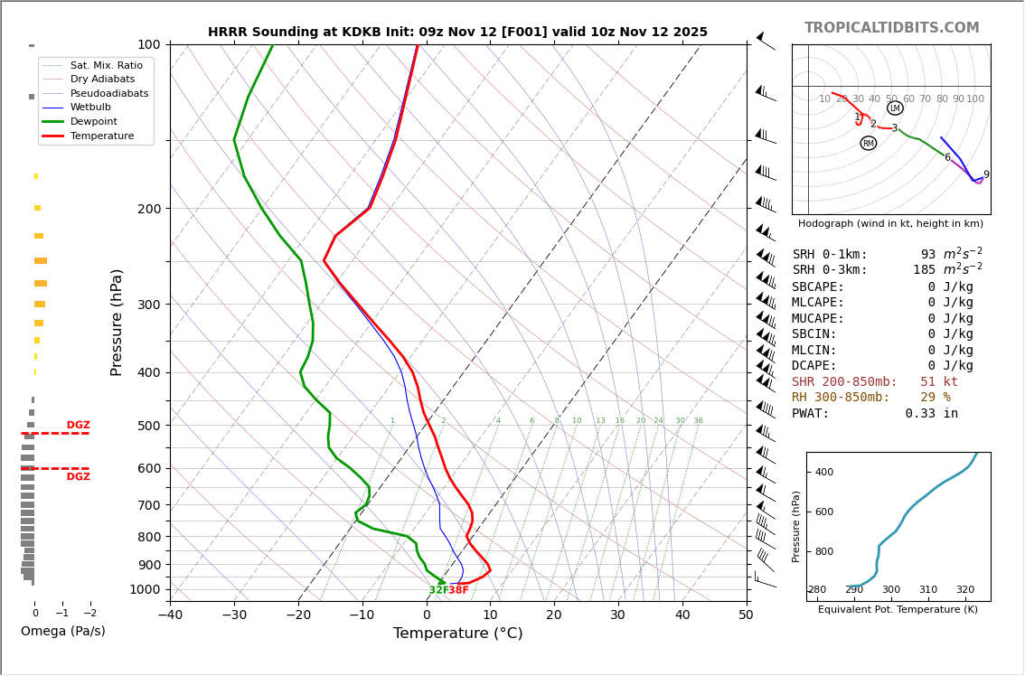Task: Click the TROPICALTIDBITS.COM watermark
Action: [891, 28]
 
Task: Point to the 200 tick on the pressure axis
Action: [149, 209]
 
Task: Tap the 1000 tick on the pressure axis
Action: [146, 589]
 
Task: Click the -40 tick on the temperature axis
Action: [170, 615]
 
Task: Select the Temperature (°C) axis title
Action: [457, 634]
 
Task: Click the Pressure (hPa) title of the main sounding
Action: [118, 322]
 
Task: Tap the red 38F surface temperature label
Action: [459, 590]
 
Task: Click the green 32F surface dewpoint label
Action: [438, 590]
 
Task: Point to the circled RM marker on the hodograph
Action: [869, 143]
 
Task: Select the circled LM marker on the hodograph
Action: [895, 108]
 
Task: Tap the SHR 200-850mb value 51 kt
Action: [938, 382]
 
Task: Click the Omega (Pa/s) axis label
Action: [63, 631]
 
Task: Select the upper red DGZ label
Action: [79, 425]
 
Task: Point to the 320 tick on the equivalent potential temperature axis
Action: [965, 590]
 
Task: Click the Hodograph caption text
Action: [890, 223]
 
